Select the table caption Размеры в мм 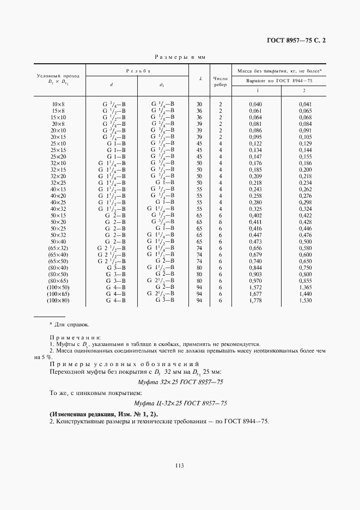click(179, 57)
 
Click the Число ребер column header click(221, 81)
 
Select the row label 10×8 click(58, 104)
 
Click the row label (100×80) click(58, 300)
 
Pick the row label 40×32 click(58, 209)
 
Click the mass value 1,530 click(305, 300)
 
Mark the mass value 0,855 click(305, 281)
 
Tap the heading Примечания click(71, 338)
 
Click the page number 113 click(179, 465)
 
